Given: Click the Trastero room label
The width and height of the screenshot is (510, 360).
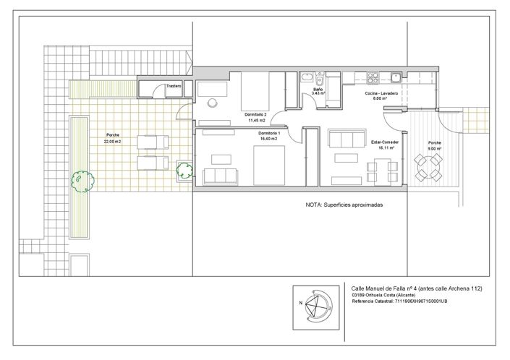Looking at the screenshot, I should click(x=174, y=86).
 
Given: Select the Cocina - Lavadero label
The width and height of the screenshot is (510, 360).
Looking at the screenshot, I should click(x=380, y=94).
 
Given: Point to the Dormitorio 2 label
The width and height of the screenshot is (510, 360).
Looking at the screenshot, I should click(x=256, y=115).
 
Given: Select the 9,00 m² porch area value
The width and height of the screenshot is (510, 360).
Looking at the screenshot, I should click(x=434, y=147).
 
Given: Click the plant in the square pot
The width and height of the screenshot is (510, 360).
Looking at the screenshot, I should click(x=184, y=171).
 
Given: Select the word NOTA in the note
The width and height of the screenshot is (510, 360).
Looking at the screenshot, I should click(x=314, y=205).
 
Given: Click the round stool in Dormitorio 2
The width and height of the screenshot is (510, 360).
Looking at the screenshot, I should click(x=212, y=103).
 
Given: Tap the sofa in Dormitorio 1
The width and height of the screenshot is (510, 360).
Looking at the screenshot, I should click(x=221, y=175).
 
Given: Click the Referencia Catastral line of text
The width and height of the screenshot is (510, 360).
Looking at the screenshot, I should click(x=399, y=301).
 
